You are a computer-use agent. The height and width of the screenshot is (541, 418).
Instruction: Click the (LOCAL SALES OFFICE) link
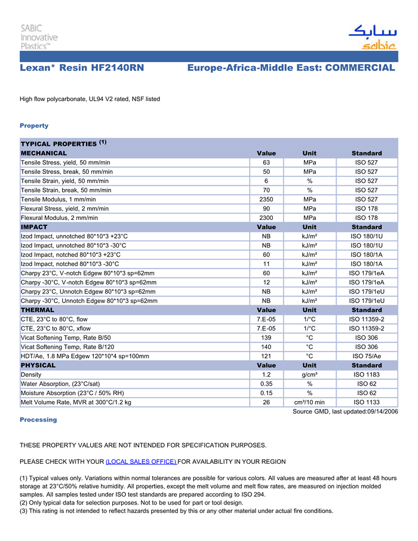[141, 461]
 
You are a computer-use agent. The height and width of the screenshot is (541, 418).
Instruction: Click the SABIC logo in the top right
[372, 37]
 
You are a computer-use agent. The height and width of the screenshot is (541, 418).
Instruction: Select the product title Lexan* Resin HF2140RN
[82, 68]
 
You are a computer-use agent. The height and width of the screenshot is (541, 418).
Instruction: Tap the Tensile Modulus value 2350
[266, 199]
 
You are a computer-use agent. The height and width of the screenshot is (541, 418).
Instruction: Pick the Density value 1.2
[266, 375]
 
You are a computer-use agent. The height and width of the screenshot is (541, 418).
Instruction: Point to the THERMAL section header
[38, 310]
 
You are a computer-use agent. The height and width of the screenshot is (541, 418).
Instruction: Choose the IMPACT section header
[34, 227]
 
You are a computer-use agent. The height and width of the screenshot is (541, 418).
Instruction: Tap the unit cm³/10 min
[309, 402]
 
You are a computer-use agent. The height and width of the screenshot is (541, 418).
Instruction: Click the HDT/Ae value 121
[266, 356]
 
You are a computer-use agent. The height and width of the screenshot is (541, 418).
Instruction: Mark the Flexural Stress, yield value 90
[266, 209]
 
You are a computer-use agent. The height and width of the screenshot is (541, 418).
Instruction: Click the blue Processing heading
[38, 420]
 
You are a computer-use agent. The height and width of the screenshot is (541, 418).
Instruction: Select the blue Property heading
[34, 126]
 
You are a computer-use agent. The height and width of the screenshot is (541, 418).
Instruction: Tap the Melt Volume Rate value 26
[266, 402]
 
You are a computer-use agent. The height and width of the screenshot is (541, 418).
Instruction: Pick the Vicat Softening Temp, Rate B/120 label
[67, 347]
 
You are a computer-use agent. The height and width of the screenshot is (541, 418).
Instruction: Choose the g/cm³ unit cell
[309, 375]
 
